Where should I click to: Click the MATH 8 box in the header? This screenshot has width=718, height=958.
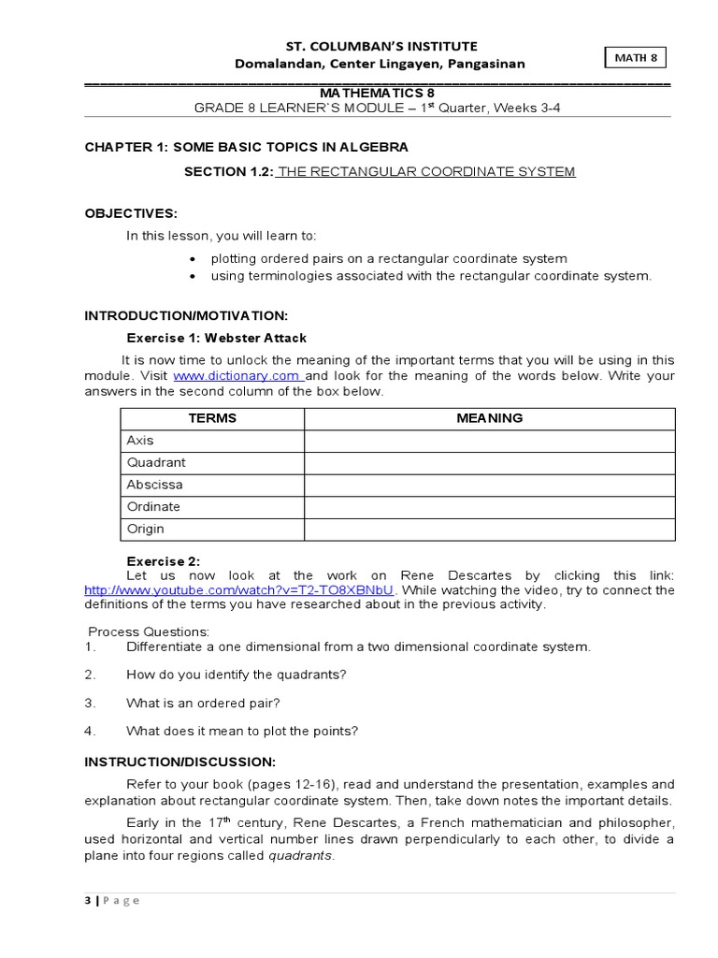tap(636, 58)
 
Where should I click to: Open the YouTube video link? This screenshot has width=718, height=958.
tap(240, 590)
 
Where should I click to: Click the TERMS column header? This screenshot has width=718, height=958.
tap(212, 418)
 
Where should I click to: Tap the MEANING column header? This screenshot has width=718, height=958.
tap(489, 418)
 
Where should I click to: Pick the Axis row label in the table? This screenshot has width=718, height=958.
tap(140, 441)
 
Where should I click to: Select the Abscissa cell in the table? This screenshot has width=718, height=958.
tap(154, 485)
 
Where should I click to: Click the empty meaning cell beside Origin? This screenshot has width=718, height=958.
tap(489, 530)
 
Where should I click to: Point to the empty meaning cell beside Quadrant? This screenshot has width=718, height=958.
tap(489, 463)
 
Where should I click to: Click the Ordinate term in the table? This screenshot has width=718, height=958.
tap(153, 507)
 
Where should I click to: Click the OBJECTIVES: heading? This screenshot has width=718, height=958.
tap(131, 213)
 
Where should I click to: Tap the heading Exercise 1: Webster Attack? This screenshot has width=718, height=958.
tap(216, 338)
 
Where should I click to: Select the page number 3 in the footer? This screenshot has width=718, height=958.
tap(88, 900)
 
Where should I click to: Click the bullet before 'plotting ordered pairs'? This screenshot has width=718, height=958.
tap(193, 259)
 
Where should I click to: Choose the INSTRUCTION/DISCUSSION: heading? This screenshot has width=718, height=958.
tap(180, 762)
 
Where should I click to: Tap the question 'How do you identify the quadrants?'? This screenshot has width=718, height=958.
tap(236, 675)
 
